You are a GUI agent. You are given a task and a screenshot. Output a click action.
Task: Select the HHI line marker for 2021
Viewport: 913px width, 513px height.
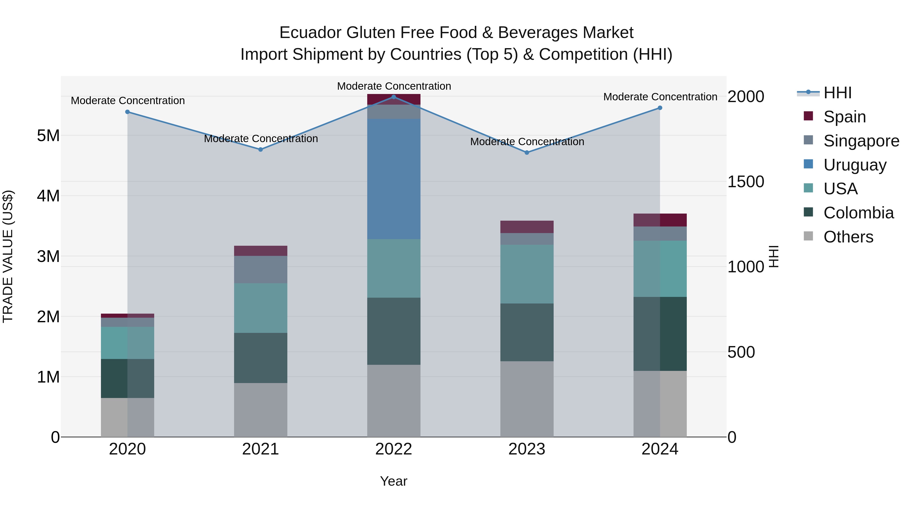coord(260,149)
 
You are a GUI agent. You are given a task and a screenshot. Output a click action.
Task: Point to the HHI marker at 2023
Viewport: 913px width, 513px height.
coord(527,153)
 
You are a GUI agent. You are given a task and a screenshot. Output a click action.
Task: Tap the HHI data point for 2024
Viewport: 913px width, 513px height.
coord(660,108)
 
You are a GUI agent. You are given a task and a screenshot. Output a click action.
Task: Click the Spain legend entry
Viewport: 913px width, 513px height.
coord(844,117)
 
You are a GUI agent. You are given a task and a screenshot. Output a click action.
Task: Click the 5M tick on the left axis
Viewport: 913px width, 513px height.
coord(48,136)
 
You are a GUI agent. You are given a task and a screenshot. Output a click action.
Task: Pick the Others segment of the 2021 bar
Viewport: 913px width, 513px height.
coord(260,410)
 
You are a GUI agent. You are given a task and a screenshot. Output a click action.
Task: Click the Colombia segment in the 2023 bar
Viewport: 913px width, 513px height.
coord(527,332)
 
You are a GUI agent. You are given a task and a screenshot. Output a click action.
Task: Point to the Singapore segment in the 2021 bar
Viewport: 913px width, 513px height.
coord(260,270)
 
